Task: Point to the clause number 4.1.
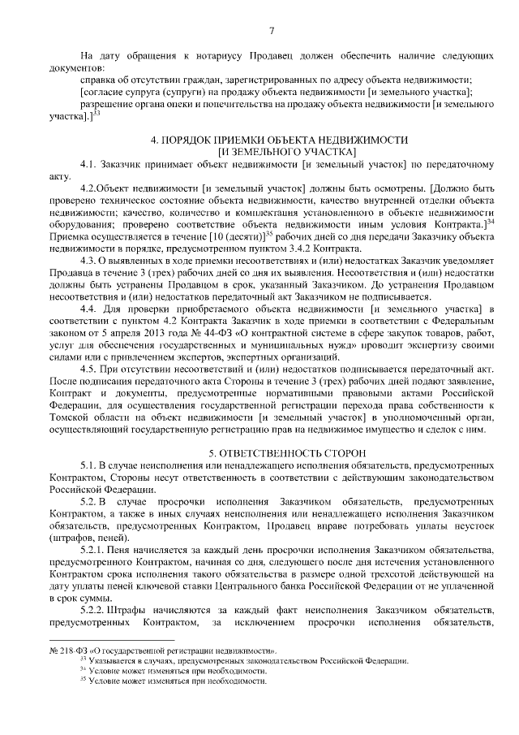coord(89,165)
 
